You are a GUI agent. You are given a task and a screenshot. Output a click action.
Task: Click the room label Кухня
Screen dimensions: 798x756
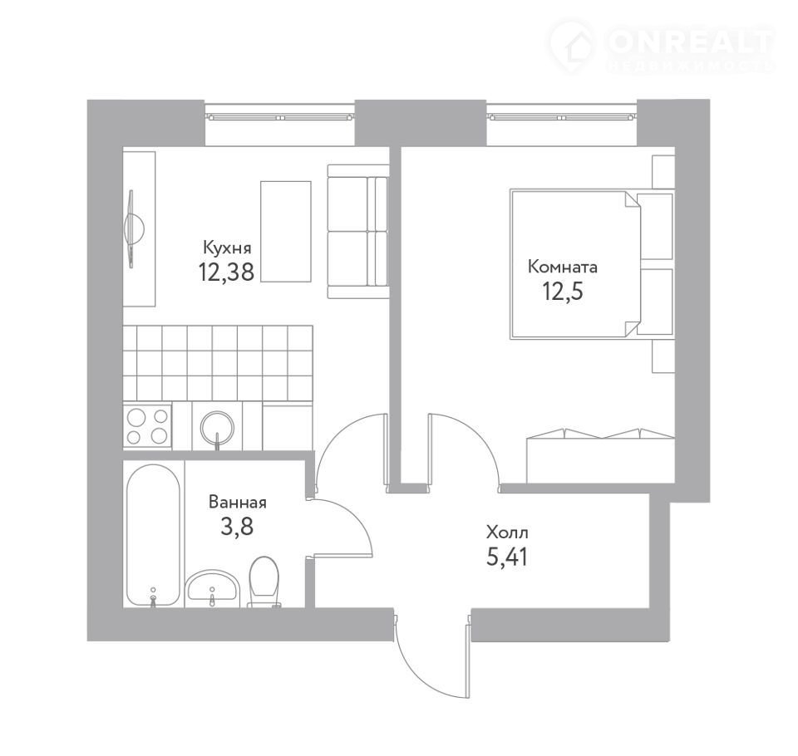click(x=227, y=248)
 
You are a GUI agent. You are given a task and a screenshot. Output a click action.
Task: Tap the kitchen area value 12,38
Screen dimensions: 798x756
click(x=226, y=272)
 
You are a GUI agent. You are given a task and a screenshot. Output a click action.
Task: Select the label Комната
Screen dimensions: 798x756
click(x=563, y=268)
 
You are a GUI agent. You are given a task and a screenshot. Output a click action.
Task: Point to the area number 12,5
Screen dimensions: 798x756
click(x=563, y=292)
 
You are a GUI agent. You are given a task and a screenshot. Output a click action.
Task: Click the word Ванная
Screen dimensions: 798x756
click(x=238, y=503)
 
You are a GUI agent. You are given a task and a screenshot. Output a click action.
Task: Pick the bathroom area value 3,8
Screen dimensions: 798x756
click(x=237, y=527)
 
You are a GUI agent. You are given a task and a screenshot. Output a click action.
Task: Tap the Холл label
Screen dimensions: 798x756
click(x=507, y=533)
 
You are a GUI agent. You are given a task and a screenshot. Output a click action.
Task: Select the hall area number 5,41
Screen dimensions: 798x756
click(x=507, y=557)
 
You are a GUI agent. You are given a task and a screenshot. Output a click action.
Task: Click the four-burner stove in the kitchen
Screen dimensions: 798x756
click(x=148, y=426)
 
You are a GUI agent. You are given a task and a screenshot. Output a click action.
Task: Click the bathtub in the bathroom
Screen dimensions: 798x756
click(x=153, y=535)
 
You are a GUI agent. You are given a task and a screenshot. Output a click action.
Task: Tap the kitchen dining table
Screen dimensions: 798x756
click(x=286, y=232)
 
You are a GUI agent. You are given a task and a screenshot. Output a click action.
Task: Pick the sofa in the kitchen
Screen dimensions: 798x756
click(x=357, y=232)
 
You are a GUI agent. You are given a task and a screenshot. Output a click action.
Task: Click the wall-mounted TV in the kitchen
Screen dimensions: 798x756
click(x=133, y=229)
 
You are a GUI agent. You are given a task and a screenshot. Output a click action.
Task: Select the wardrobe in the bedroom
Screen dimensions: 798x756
click(x=600, y=455)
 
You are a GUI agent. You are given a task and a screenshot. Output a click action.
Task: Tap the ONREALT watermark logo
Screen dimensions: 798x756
click(x=663, y=45)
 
